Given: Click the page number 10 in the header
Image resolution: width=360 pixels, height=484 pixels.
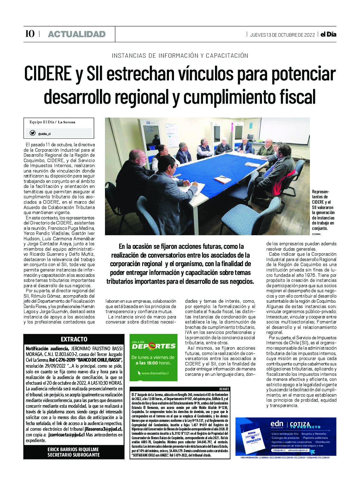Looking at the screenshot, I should pos(30,34).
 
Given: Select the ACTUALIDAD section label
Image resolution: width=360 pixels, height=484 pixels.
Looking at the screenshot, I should pos(77,34).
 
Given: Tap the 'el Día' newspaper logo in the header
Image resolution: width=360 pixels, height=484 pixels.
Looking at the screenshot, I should pos(328,34).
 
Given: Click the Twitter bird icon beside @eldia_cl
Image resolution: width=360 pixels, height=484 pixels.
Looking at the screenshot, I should pos(32,133).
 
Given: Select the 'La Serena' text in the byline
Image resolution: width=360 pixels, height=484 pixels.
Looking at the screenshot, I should pos(67,122).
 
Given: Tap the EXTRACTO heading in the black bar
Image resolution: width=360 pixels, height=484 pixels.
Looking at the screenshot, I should pos(74,339).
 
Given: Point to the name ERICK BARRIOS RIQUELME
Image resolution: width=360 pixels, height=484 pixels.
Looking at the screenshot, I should pos(73,449).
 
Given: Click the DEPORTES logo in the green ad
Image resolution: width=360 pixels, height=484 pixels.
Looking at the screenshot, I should pos(154,346).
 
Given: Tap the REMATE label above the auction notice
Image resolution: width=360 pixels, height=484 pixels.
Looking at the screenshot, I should pos(224,389).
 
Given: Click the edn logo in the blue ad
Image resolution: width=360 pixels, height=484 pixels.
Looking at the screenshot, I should pos(277,424).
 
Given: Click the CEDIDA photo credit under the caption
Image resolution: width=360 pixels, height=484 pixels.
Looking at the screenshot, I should pos(316,234).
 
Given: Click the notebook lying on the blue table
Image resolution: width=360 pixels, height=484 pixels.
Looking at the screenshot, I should pos(223,179).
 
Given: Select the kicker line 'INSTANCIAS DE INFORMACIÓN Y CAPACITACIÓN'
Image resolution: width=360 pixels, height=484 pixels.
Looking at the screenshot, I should pos(180,56).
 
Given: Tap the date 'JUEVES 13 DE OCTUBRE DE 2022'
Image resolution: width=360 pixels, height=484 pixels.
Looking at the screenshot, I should pos(282,35).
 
